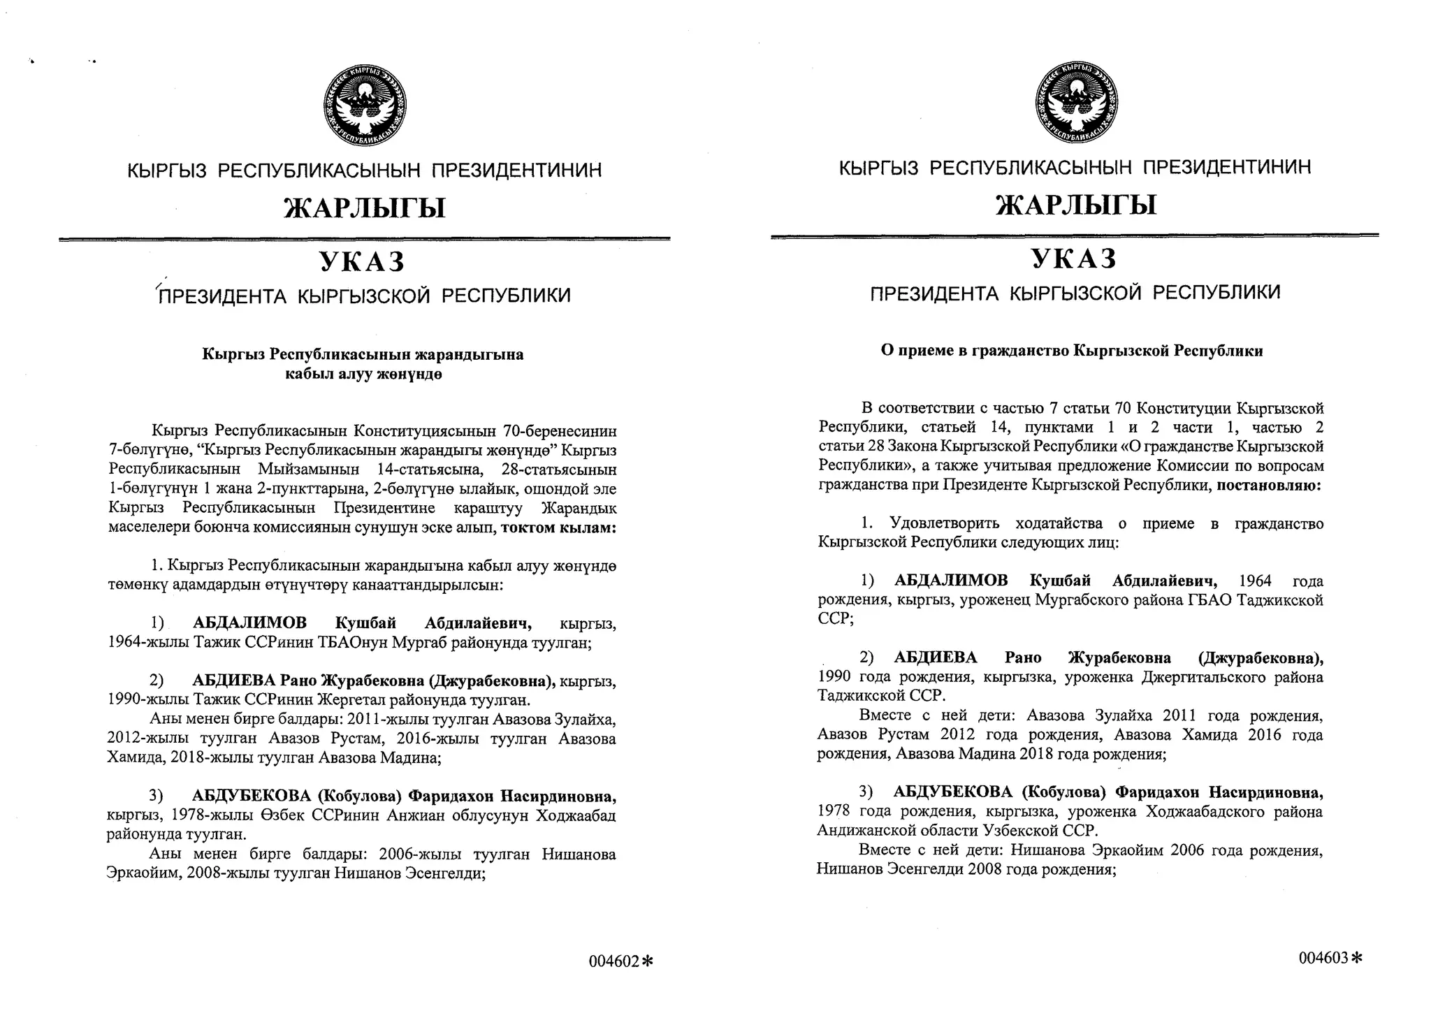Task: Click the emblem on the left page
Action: pyautogui.click(x=364, y=106)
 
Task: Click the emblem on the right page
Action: pyautogui.click(x=1075, y=103)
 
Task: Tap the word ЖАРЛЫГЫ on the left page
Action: pyautogui.click(x=364, y=208)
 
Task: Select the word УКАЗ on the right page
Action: pyautogui.click(x=1074, y=259)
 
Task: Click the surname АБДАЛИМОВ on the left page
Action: pyautogui.click(x=249, y=623)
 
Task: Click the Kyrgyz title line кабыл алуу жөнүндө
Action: pyautogui.click(x=363, y=375)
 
